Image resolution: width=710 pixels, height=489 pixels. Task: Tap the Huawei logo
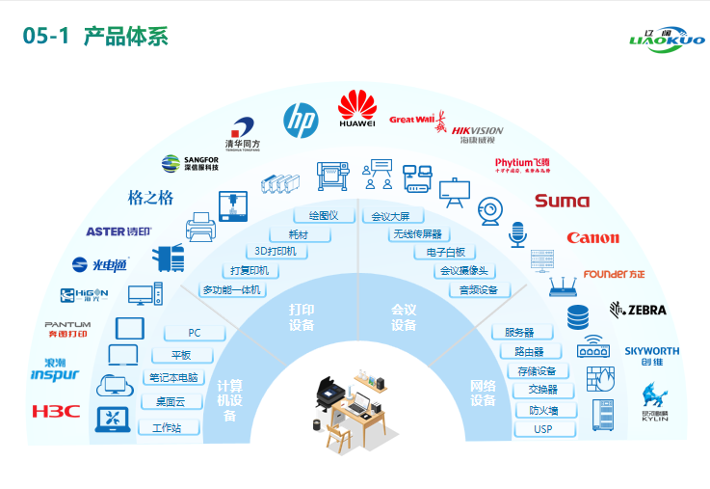click(x=357, y=109)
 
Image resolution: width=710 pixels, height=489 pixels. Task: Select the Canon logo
click(x=592, y=237)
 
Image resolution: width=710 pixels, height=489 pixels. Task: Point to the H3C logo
click(x=56, y=411)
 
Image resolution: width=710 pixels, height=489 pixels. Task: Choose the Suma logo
click(x=562, y=201)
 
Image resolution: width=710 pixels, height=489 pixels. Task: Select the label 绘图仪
click(x=324, y=215)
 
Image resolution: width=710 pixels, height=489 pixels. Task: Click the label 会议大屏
click(x=391, y=216)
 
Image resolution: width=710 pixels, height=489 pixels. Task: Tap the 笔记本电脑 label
click(x=173, y=377)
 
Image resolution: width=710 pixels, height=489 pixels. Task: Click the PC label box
click(x=195, y=333)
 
